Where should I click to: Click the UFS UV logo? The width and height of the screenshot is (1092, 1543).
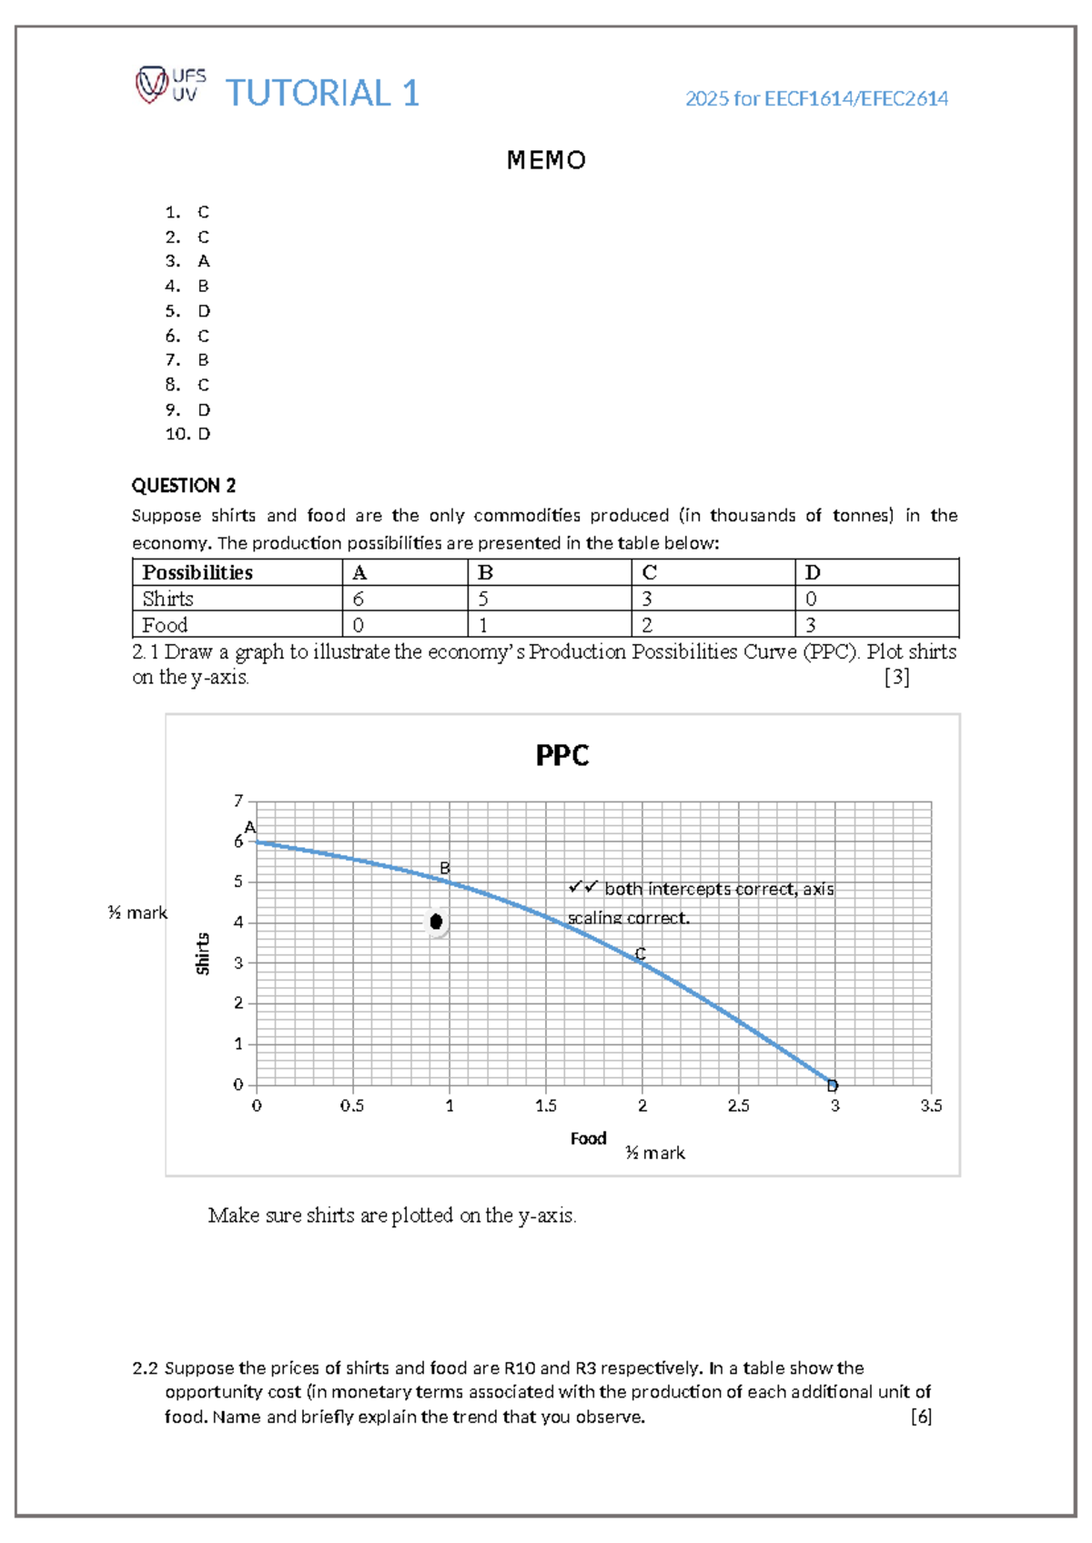[x=170, y=85]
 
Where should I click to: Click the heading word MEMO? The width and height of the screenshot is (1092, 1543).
[x=546, y=161]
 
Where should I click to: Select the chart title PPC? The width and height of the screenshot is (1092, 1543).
[x=561, y=756]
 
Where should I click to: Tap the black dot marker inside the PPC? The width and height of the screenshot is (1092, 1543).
[x=436, y=922]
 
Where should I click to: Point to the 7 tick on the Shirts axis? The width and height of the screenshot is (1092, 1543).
[x=238, y=801]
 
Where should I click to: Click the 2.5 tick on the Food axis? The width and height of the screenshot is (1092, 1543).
[x=738, y=1106]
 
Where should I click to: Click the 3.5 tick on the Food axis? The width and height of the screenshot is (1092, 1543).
[x=931, y=1106]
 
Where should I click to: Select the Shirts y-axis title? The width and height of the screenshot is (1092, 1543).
[x=203, y=953]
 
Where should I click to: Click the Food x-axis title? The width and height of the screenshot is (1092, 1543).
[x=588, y=1138]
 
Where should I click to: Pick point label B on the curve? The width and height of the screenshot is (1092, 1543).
[x=445, y=868]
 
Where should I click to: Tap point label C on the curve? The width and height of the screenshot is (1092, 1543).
[x=641, y=953]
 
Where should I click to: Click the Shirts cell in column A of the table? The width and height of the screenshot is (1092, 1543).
[x=359, y=599]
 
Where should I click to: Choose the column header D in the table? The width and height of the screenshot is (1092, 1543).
[x=813, y=572]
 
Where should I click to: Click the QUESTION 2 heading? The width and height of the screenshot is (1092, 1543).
[x=184, y=485]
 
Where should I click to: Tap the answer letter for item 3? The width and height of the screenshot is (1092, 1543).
[x=203, y=261]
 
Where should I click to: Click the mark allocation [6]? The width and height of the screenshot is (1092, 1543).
[x=921, y=1417]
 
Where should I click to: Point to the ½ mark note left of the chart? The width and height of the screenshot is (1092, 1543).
[x=137, y=913]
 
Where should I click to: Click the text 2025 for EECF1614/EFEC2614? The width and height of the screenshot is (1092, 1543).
[x=816, y=98]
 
